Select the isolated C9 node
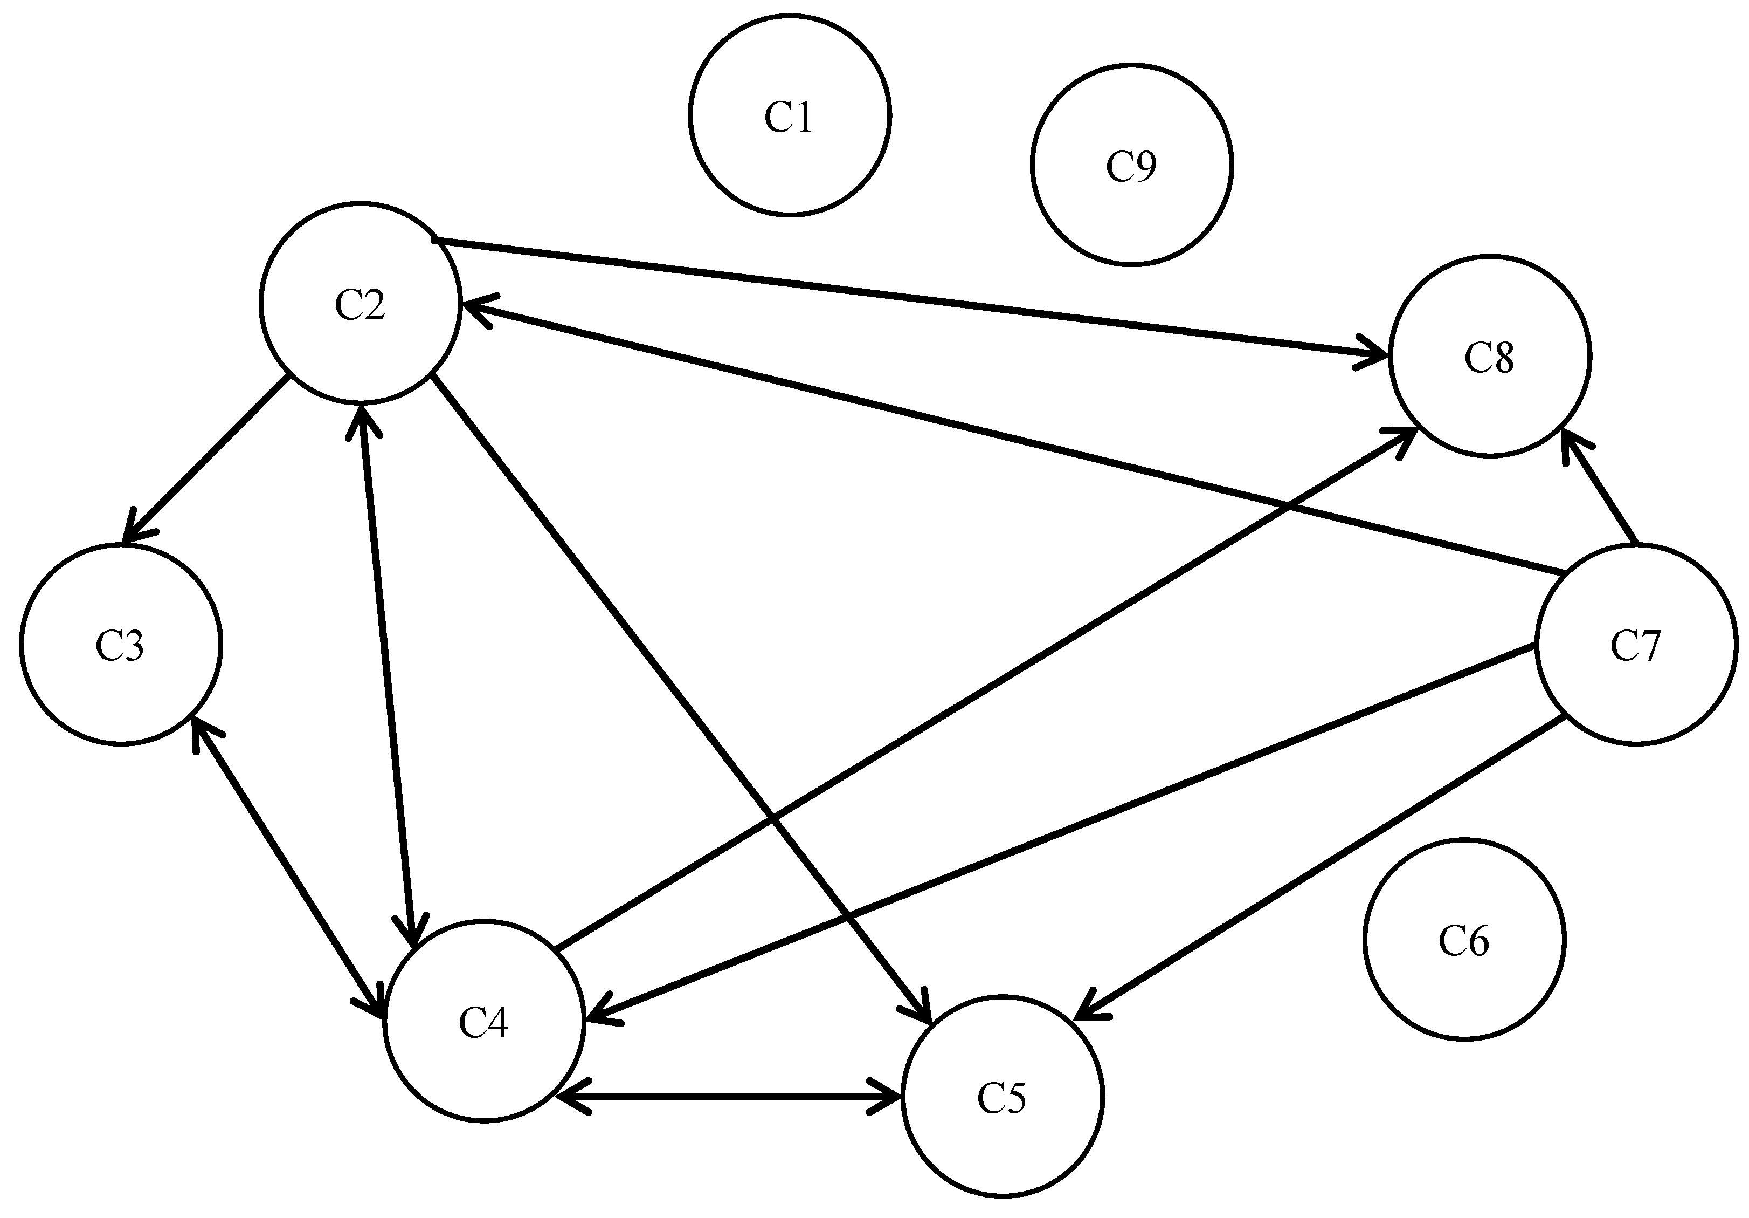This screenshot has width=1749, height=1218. tap(1131, 165)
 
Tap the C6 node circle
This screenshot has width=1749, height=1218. tap(1463, 939)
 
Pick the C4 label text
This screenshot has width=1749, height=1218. tap(483, 1022)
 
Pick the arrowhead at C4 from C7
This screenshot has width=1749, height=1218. tap(597, 1017)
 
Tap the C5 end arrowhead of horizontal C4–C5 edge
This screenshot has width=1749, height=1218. tap(891, 1098)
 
